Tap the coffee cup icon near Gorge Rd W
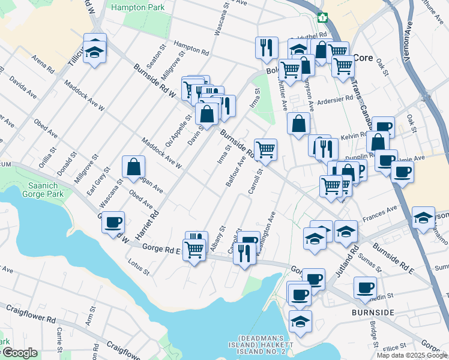(x=113, y=223)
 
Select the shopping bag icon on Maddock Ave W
(x=133, y=167)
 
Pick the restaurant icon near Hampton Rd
(x=266, y=47)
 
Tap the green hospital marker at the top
(x=323, y=17)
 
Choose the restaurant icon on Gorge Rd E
(x=243, y=253)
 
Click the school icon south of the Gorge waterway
(x=300, y=321)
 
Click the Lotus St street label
(x=139, y=267)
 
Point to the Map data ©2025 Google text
(x=411, y=355)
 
